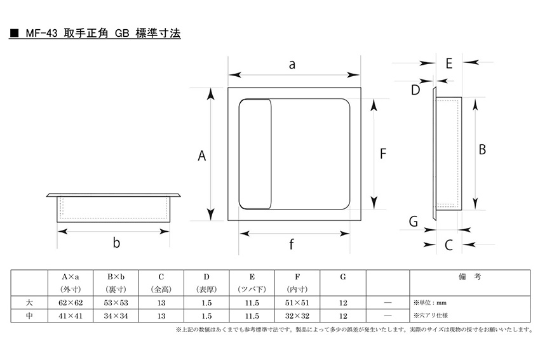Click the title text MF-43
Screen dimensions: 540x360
pyautogui.click(x=41, y=34)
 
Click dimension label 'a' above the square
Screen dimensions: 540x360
pyautogui.click(x=292, y=64)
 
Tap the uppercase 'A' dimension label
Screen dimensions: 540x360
pyautogui.click(x=202, y=156)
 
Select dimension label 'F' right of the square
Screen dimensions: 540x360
pyautogui.click(x=383, y=154)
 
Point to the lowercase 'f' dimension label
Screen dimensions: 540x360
pyautogui.click(x=292, y=244)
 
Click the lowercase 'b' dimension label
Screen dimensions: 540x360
pyautogui.click(x=116, y=243)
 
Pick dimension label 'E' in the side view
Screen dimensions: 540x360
pyautogui.click(x=449, y=63)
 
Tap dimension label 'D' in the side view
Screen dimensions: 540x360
pyautogui.click(x=415, y=90)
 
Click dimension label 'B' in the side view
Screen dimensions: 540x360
pyautogui.click(x=482, y=150)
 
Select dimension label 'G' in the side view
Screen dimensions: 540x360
pyautogui.click(x=414, y=222)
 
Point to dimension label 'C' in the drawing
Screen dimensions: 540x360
pyautogui.click(x=449, y=245)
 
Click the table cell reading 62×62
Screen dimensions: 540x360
pyautogui.click(x=71, y=303)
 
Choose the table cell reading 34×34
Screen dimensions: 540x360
pyautogui.click(x=116, y=316)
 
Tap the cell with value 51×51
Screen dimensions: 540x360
pyautogui.click(x=297, y=303)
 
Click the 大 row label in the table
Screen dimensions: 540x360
pyautogui.click(x=29, y=303)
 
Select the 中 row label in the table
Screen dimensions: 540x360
pyautogui.click(x=29, y=316)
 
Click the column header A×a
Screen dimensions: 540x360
pyautogui.click(x=71, y=277)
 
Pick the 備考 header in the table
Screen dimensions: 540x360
pyautogui.click(x=469, y=277)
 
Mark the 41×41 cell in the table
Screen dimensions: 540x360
pyautogui.click(x=71, y=316)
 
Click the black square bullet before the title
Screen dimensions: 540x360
pyautogui.click(x=14, y=34)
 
